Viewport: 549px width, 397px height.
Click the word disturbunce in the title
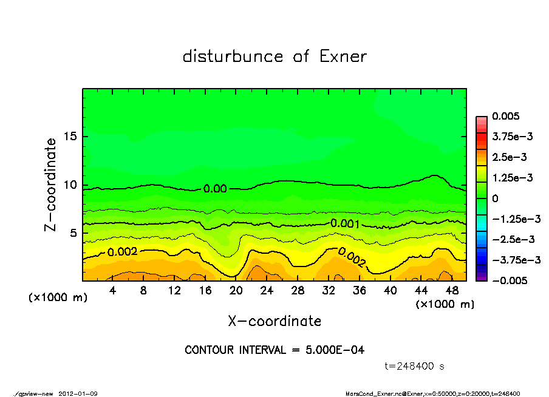pos(233,56)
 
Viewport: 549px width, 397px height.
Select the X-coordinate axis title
pos(274,321)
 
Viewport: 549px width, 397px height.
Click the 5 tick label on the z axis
pos(74,233)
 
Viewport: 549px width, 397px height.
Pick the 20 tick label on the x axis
pos(236,290)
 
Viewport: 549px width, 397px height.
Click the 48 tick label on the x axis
pos(452,290)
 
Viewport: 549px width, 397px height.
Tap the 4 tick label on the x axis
pos(112,290)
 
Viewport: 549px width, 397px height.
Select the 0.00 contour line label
pos(215,189)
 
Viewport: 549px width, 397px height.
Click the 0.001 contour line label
pos(345,224)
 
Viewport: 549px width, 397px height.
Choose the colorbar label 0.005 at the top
pos(508,116)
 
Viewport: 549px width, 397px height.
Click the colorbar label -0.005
pos(509,280)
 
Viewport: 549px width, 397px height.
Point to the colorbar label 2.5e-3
pos(509,157)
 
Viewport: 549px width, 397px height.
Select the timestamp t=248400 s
pos(415,366)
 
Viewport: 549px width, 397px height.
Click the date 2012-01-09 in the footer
pos(78,393)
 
